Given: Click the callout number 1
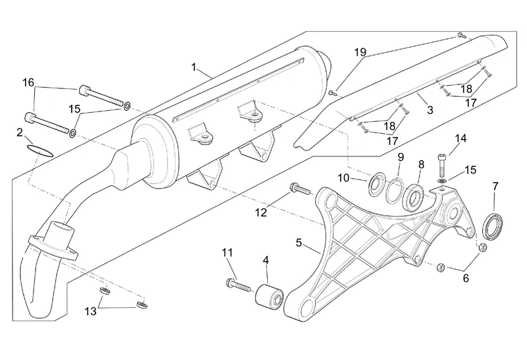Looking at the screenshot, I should [194, 67].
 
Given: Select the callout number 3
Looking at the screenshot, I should [430, 110].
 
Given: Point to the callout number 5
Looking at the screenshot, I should [299, 243].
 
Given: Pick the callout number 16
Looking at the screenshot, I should [28, 82].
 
